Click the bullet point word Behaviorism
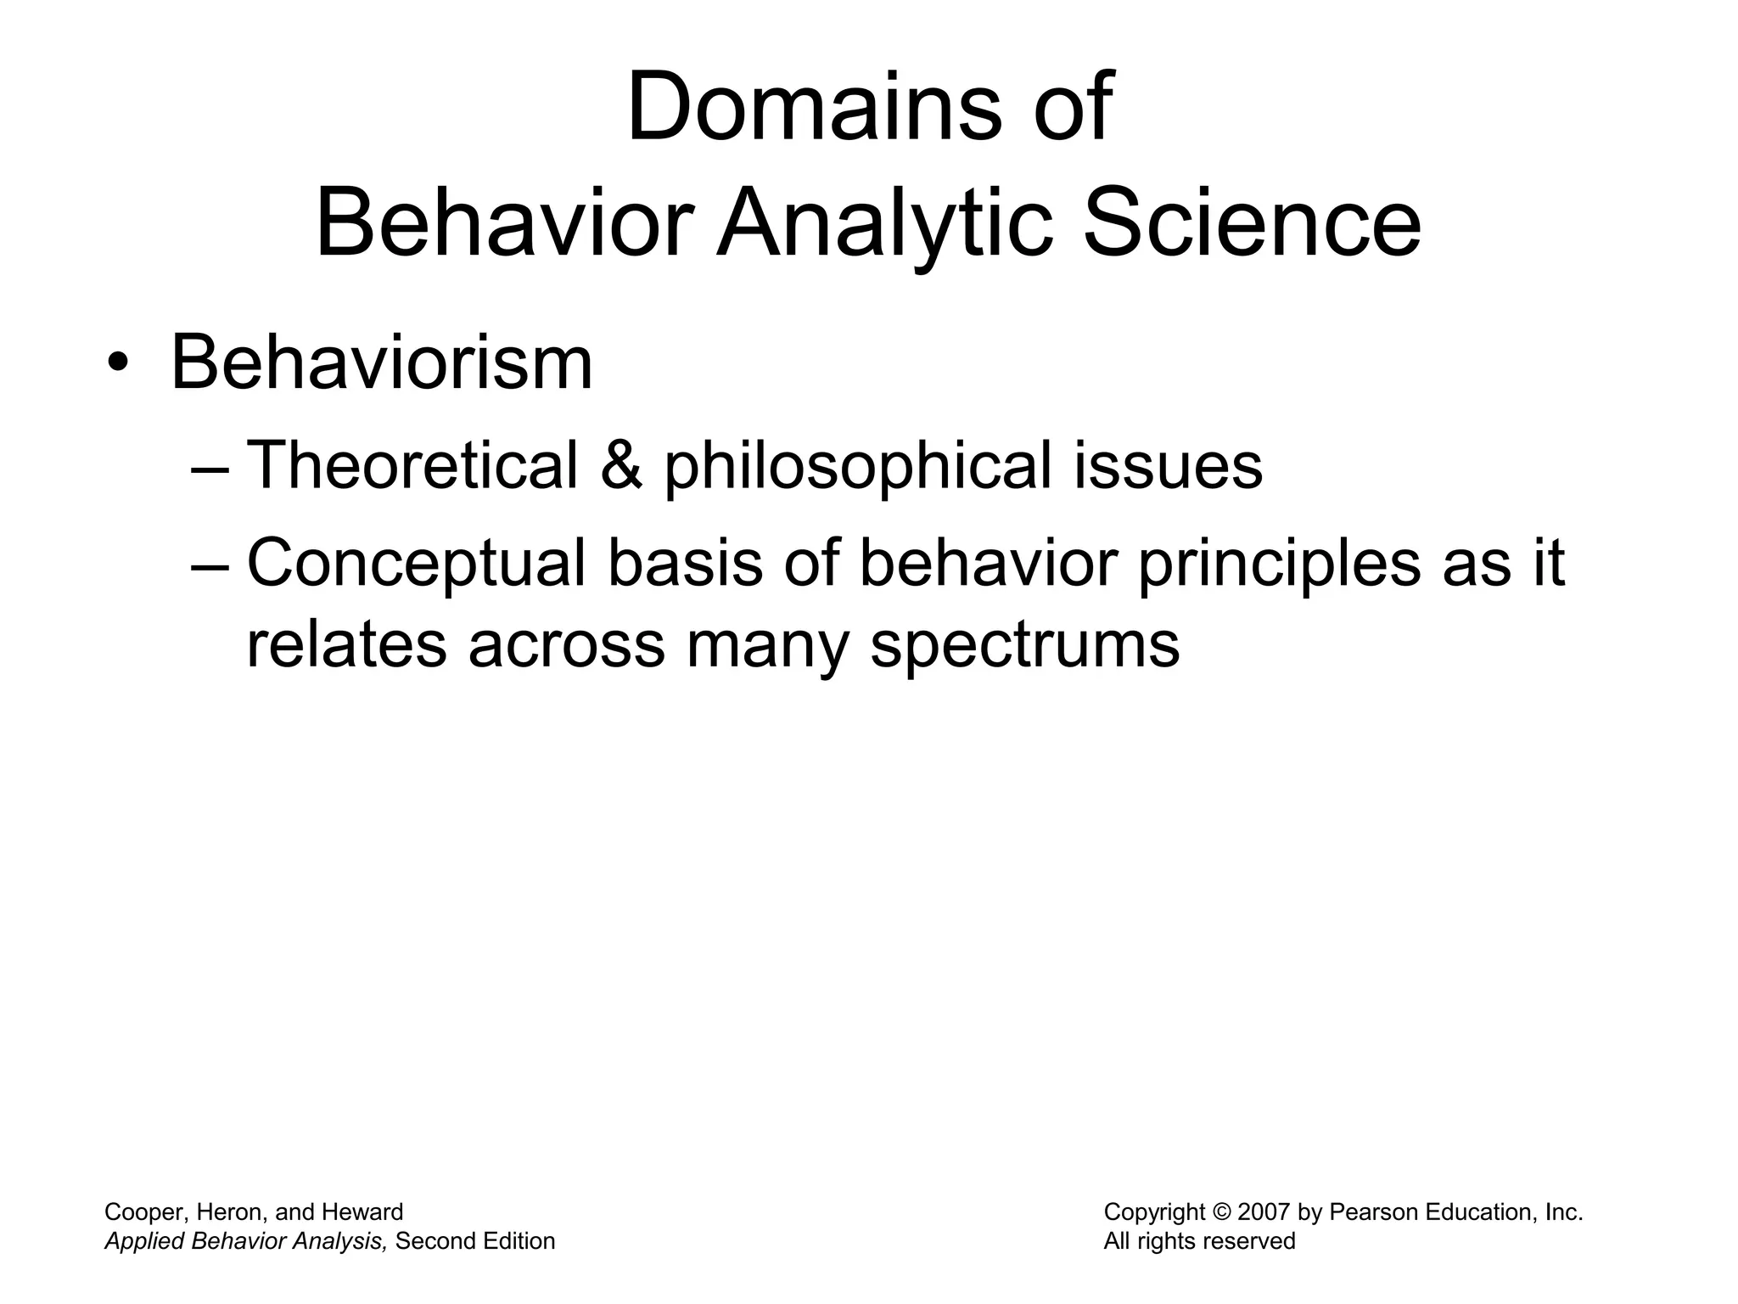point(382,363)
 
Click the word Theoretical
point(412,466)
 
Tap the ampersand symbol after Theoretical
point(621,466)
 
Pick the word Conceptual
point(416,565)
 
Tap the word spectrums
point(1025,645)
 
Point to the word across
point(566,645)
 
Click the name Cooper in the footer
point(141,1212)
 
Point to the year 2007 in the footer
point(1264,1212)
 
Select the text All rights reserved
point(1199,1241)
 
